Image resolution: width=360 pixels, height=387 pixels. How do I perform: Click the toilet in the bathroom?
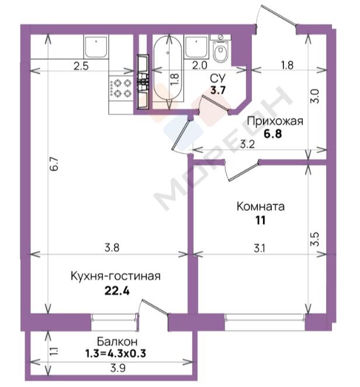(x=220, y=49)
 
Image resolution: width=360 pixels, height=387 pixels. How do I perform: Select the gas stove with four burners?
(x=121, y=88)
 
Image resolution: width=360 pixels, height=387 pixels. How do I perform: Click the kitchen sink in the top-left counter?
(x=96, y=46)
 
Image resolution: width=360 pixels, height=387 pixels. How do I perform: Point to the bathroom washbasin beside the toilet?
(x=196, y=47)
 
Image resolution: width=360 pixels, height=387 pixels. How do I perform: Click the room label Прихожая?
(x=275, y=122)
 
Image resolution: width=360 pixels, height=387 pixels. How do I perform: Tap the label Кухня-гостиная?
(x=116, y=276)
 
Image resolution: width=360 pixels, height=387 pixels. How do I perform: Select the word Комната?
(x=260, y=206)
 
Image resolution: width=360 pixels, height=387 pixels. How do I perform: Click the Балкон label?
(x=117, y=341)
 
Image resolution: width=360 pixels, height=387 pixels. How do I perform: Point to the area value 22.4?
(x=117, y=291)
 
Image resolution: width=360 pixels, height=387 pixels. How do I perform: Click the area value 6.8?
(x=273, y=134)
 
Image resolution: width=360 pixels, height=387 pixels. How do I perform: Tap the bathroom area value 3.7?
(x=218, y=90)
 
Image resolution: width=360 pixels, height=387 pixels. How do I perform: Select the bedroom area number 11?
(x=260, y=220)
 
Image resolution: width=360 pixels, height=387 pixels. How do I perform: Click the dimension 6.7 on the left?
(x=55, y=163)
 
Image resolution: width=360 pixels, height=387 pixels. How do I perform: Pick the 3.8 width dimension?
(x=112, y=247)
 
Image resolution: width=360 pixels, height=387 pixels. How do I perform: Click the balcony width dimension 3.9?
(x=118, y=368)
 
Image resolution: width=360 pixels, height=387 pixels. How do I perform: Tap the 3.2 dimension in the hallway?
(x=247, y=144)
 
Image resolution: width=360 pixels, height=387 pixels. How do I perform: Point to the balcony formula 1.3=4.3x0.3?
(x=116, y=353)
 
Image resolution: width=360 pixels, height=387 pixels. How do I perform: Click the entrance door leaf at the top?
(x=277, y=15)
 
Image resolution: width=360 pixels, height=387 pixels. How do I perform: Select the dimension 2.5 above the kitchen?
(x=81, y=66)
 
